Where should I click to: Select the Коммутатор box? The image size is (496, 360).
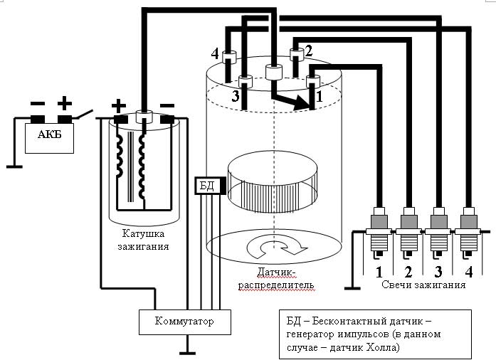[x=184, y=322]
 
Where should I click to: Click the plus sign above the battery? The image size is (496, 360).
[x=65, y=103]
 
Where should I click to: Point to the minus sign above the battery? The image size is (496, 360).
[x=38, y=104]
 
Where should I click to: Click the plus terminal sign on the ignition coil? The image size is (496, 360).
[x=119, y=105]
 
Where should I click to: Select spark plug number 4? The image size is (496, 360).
[x=467, y=231]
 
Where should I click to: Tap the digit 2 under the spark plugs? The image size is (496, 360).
[x=408, y=271]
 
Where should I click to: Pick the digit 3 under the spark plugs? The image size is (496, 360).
[x=438, y=271]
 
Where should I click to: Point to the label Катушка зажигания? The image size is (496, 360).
[x=144, y=240]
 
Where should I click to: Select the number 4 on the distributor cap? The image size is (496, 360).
[x=215, y=53]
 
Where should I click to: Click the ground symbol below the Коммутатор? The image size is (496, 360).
[x=185, y=351]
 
